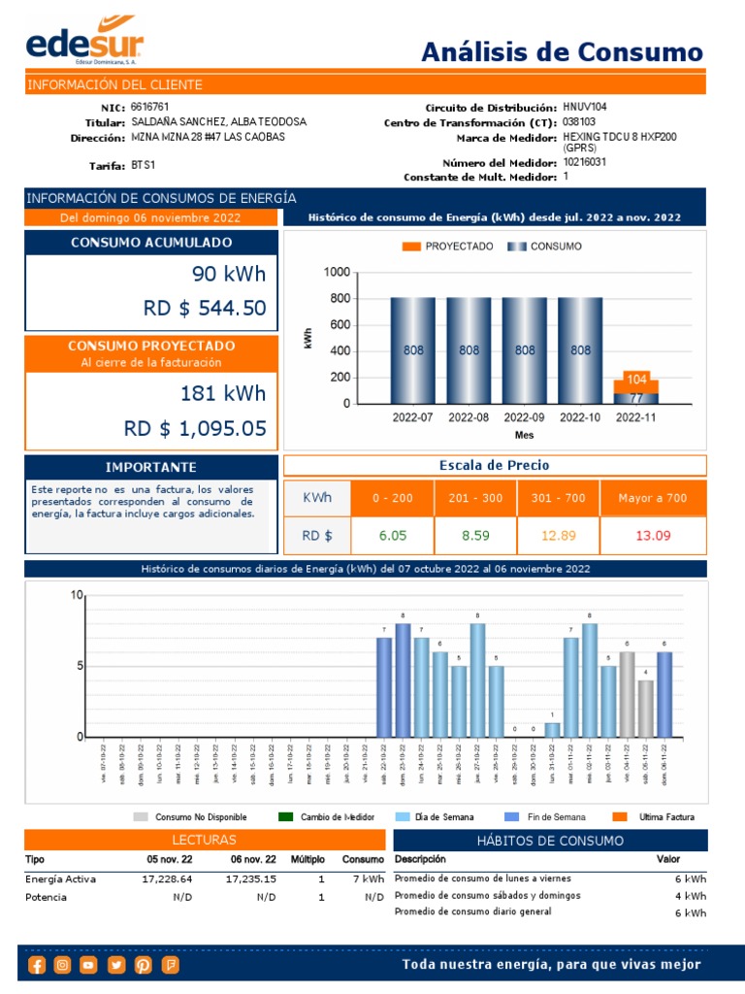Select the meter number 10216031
[x=585, y=162]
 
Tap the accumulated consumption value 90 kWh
[x=228, y=273]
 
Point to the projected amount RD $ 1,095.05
[x=194, y=428]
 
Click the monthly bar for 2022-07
[x=413, y=350]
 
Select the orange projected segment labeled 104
[x=636, y=380]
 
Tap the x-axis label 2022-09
[x=524, y=417]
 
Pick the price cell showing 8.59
[x=475, y=535]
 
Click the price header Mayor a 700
[x=653, y=498]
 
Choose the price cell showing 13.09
[x=653, y=535]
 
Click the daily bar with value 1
[x=552, y=730]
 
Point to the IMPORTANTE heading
[x=150, y=467]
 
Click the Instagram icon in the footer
[x=63, y=964]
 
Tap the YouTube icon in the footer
[x=89, y=964]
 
